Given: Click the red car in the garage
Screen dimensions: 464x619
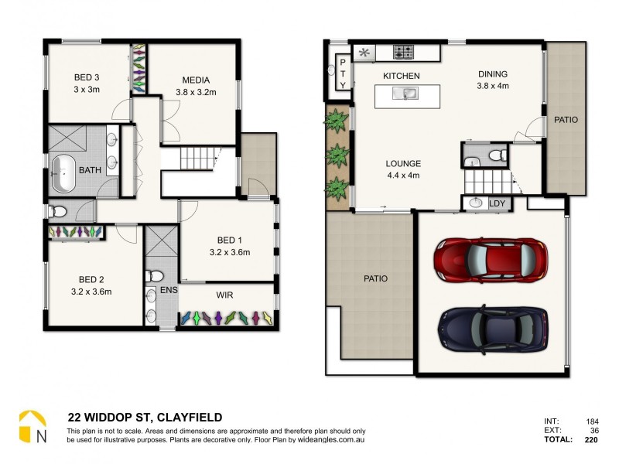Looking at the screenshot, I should click(491, 258).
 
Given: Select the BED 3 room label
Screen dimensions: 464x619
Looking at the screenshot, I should click(87, 77).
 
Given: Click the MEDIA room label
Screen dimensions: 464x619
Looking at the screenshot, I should click(196, 80).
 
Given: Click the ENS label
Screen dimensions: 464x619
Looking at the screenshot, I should click(168, 291).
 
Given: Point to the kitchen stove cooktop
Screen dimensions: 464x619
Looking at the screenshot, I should click(404, 53).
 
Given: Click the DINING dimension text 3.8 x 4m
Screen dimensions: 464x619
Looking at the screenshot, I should click(492, 86).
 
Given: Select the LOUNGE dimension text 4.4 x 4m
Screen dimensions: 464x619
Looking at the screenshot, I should click(403, 175).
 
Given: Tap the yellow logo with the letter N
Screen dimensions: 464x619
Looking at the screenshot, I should click(32, 428).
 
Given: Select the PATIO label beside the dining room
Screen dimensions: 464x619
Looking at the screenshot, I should click(565, 120).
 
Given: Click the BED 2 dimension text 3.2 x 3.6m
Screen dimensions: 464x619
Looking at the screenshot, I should click(91, 292).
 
